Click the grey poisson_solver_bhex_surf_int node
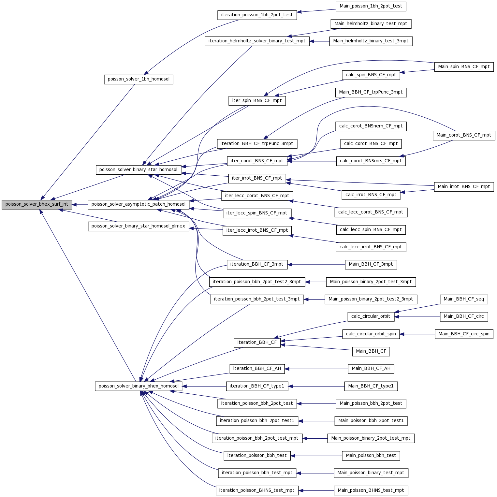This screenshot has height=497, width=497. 37,204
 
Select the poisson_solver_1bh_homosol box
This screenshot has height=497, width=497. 139,79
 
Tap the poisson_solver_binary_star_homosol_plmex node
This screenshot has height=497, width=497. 139,226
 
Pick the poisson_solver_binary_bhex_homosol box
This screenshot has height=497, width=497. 139,386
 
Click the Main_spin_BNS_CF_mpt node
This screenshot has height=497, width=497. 464,67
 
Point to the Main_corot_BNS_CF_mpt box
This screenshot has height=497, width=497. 464,135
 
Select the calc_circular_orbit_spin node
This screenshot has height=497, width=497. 371,334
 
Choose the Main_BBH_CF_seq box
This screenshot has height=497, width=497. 464,299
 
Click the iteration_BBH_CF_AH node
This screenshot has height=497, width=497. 257,369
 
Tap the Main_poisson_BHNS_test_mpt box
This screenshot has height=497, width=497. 371,490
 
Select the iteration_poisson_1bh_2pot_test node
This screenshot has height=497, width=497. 257,15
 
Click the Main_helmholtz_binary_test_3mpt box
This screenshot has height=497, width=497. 371,41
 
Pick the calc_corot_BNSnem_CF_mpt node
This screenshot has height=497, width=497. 371,126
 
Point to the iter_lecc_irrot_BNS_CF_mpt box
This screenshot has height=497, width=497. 257,230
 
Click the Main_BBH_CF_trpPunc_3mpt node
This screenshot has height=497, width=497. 371,92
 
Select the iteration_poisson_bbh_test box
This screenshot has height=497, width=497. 257,456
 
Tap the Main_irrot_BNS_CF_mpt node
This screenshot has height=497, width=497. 464,187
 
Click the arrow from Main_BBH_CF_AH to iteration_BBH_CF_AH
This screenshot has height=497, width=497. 316,369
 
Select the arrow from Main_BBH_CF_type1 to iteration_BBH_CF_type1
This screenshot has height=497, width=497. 316,386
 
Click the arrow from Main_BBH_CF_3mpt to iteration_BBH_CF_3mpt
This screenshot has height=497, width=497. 316,265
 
